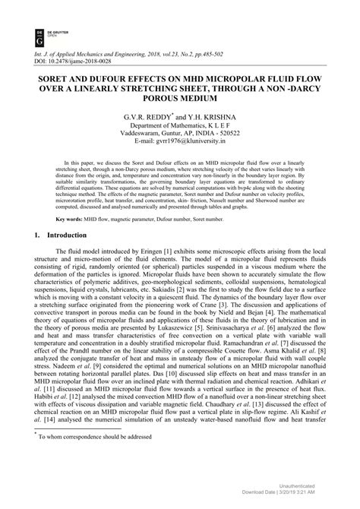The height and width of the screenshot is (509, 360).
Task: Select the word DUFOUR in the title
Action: coord(107,77)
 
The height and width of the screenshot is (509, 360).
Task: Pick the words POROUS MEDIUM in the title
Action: coord(179,100)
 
